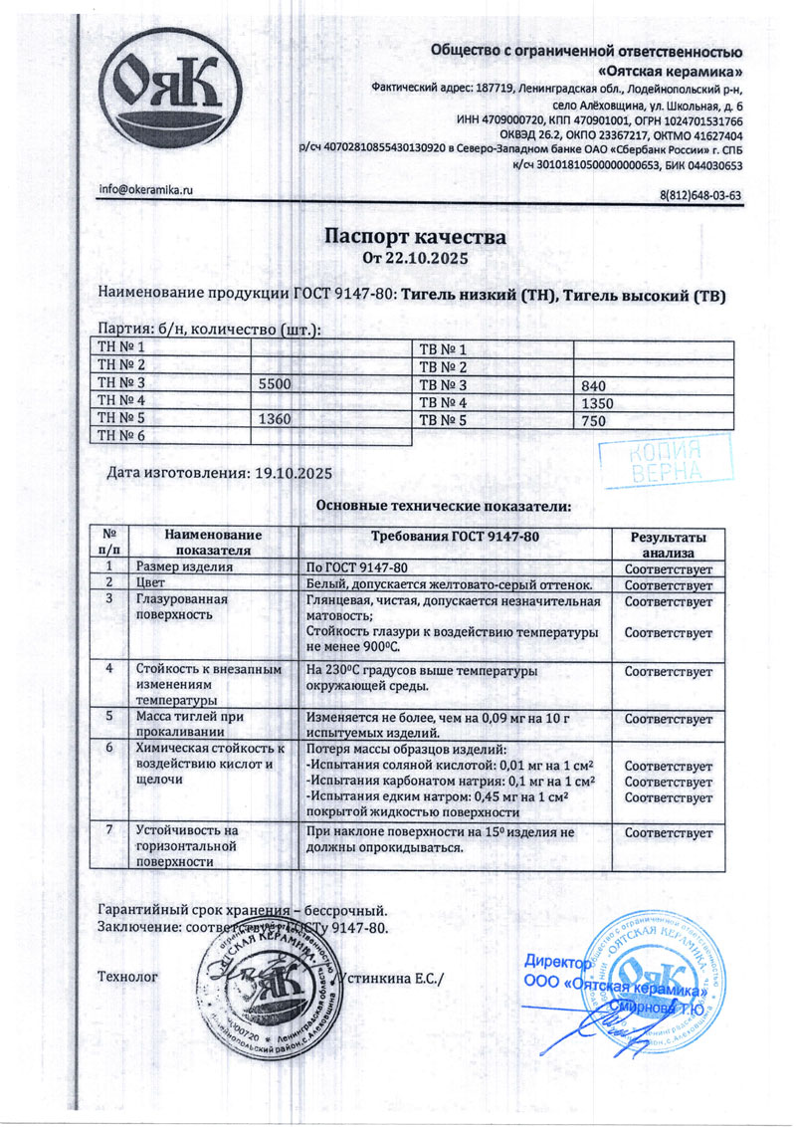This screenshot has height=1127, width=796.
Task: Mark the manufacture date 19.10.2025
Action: coord(290,474)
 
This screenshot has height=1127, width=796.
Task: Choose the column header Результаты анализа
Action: coord(668,543)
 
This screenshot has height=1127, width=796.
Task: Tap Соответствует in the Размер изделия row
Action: coord(668,567)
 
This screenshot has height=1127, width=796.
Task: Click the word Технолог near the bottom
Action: coord(126,977)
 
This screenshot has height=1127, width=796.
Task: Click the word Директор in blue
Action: coord(557,963)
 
